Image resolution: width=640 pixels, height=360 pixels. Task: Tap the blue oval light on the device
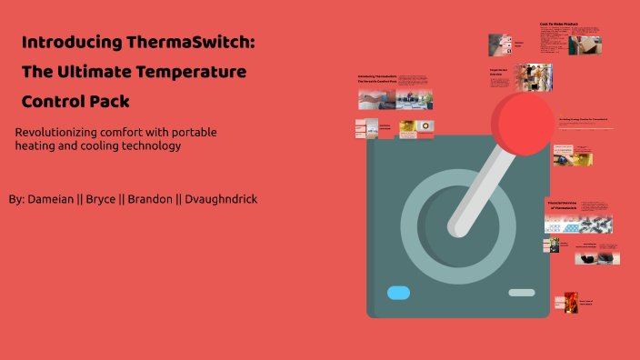(x=398, y=293)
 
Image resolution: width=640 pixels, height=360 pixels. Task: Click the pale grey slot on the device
(x=521, y=293)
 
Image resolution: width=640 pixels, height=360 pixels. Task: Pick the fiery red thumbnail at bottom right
(x=570, y=302)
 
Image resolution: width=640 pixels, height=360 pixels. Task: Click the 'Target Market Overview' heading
(x=499, y=73)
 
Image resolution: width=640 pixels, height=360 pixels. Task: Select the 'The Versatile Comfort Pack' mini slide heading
(x=376, y=83)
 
